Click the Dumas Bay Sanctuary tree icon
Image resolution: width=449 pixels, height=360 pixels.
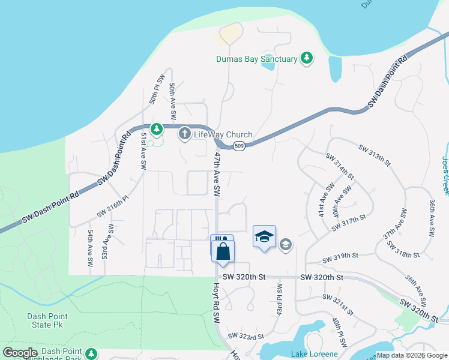pyautogui.click(x=307, y=58)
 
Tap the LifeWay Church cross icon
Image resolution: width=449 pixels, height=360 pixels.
pyautogui.click(x=185, y=134)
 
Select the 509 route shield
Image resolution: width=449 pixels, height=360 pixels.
pyautogui.click(x=238, y=146)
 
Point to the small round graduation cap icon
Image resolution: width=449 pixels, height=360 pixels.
pyautogui.click(x=286, y=244)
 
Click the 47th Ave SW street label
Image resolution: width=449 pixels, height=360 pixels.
pyautogui.click(x=216, y=174)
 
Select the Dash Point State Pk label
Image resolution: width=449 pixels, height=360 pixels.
pyautogui.click(x=47, y=320)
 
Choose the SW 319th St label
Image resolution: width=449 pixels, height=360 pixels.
pyautogui.click(x=344, y=257)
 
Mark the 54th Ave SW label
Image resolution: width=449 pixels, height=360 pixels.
pyautogui.click(x=90, y=248)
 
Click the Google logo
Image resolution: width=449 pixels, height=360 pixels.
pyautogui.click(x=20, y=353)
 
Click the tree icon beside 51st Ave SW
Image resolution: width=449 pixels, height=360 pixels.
pyautogui.click(x=156, y=129)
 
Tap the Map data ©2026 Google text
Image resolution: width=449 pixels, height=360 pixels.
pyautogui.click(x=412, y=355)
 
